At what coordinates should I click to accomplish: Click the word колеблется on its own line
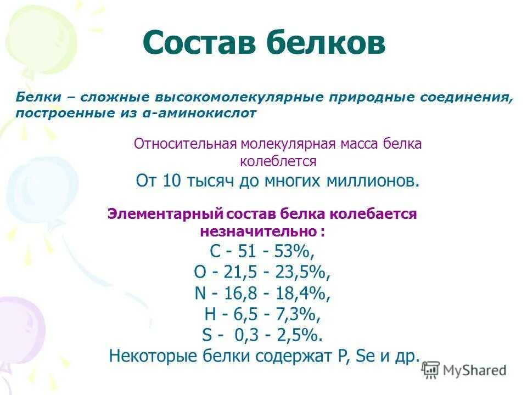pos(278,162)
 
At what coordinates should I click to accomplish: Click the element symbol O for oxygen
pos(199,273)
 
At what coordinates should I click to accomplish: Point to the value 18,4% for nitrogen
pos(308,294)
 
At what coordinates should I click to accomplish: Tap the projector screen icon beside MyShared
pos(431,370)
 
